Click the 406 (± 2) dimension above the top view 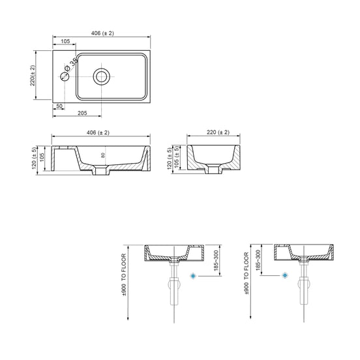coord(102,33)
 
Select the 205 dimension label coord(82,113)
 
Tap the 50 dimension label coord(59,106)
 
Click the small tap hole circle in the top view coord(65,76)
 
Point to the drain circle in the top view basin coord(102,76)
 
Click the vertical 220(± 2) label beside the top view coord(33,76)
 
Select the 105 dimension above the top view coord(65,41)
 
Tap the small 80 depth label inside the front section coord(103,155)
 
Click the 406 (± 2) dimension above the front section coord(98,132)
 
